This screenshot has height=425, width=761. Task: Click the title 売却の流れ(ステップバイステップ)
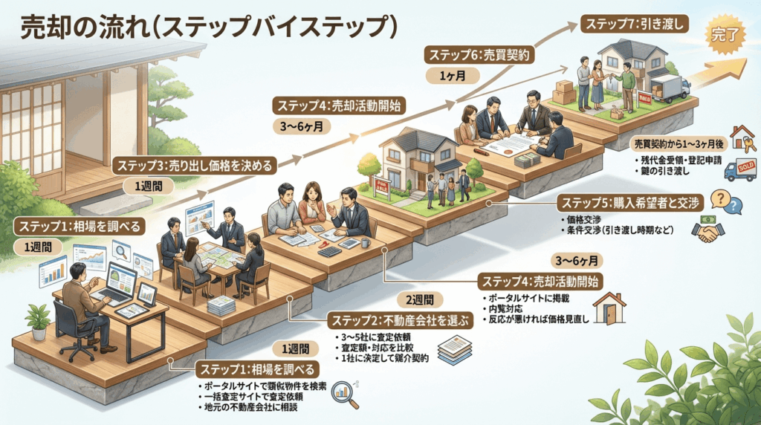tap(208, 27)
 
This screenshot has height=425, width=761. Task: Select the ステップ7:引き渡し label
tap(634, 24)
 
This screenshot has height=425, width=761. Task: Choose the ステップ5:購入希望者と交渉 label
tap(629, 202)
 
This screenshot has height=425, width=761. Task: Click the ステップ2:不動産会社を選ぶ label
tap(400, 321)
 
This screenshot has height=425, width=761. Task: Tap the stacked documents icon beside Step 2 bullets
tap(453, 347)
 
